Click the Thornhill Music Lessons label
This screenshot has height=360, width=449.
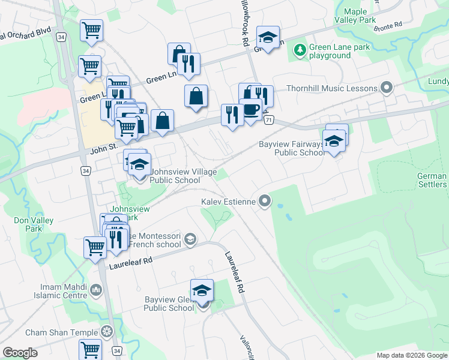pyautogui.click(x=331, y=88)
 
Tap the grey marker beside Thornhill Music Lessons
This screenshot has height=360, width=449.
pyautogui.click(x=387, y=88)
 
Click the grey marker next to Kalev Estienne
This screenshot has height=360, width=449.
pyautogui.click(x=264, y=202)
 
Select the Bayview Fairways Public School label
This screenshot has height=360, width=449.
pyautogui.click(x=292, y=148)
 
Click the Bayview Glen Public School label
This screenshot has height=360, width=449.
pyautogui.click(x=169, y=304)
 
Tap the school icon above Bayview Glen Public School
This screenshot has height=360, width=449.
pyautogui.click(x=202, y=290)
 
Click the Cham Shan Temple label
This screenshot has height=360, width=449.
pyautogui.click(x=61, y=332)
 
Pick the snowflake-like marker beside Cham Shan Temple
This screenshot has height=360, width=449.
pyautogui.click(x=107, y=332)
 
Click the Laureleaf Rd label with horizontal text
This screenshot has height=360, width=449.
pyautogui.click(x=131, y=262)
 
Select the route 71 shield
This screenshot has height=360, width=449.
pyautogui.click(x=268, y=120)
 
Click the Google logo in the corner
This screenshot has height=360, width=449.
pyautogui.click(x=20, y=353)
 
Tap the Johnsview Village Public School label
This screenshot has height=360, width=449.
pyautogui.click(x=175, y=176)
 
